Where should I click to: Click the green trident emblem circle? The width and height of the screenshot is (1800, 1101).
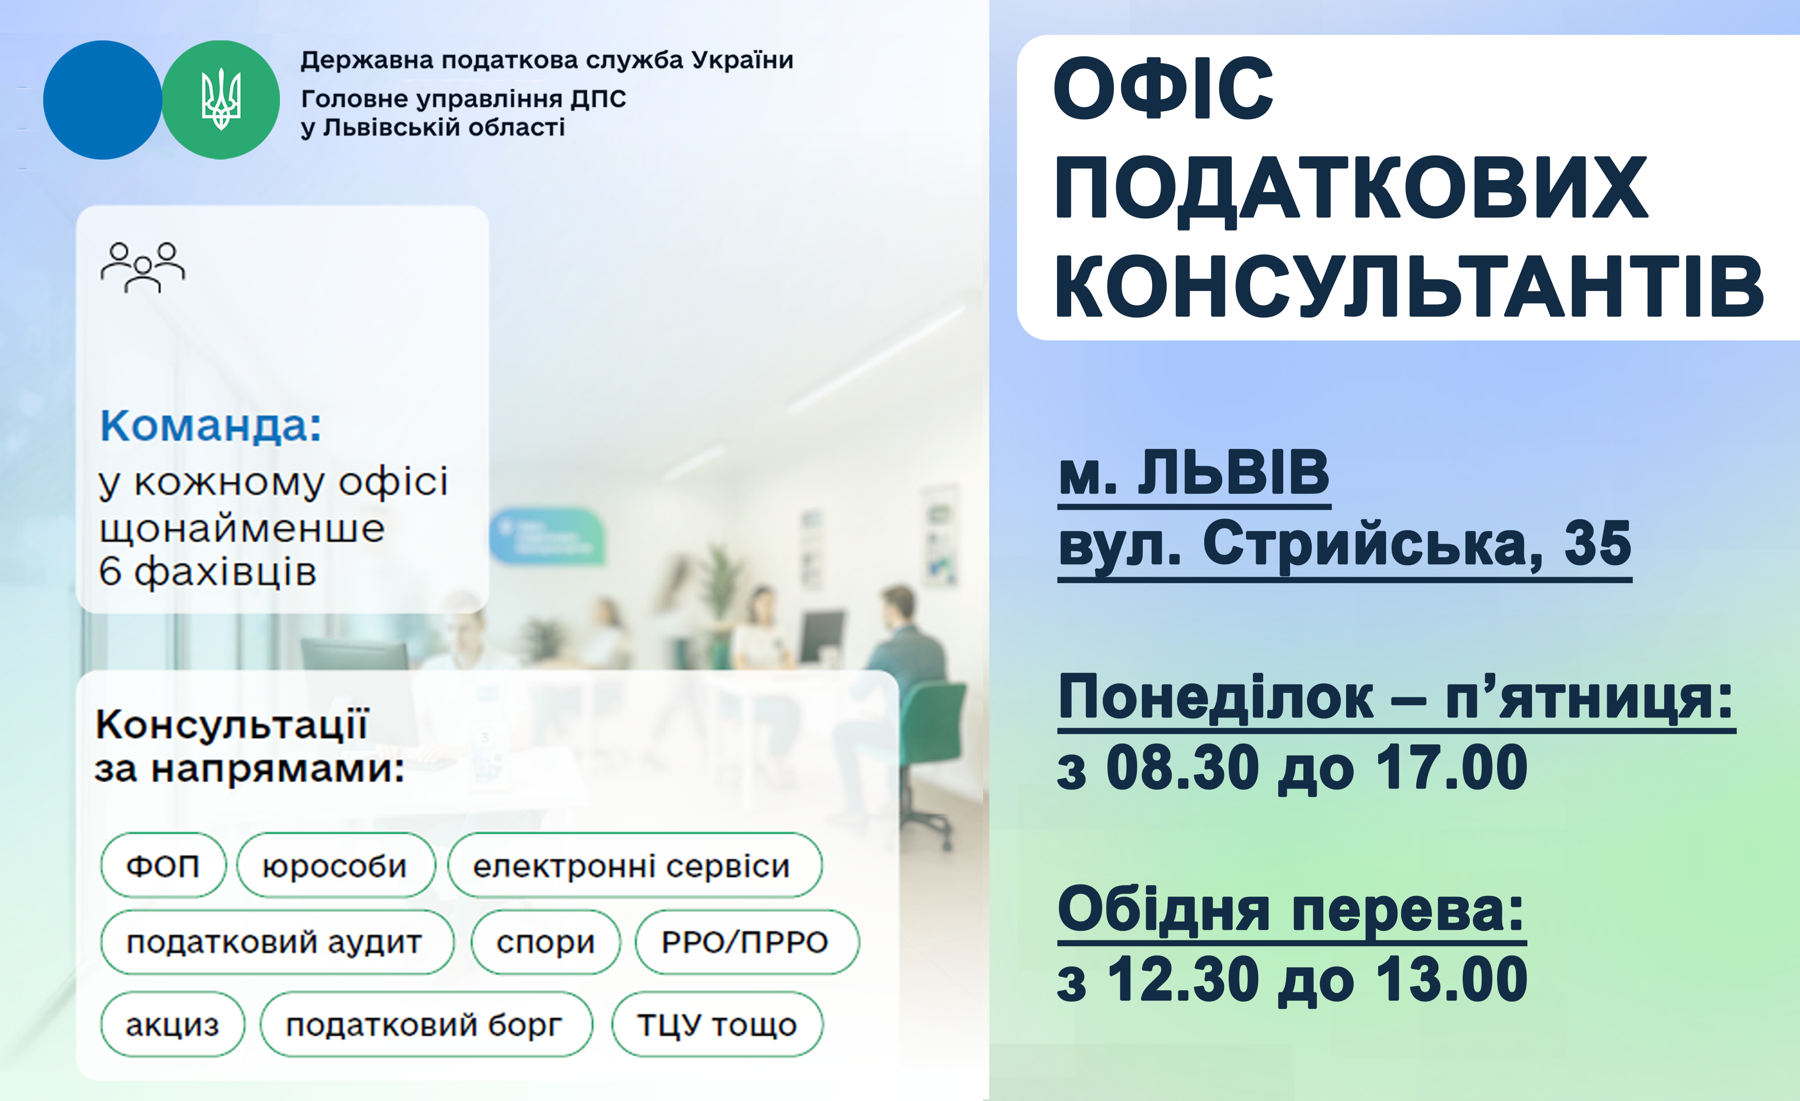[x=221, y=100]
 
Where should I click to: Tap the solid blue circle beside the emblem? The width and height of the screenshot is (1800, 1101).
[x=102, y=100]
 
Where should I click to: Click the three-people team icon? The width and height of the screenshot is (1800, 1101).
[x=143, y=267]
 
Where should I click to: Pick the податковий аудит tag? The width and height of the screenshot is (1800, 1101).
[x=276, y=942]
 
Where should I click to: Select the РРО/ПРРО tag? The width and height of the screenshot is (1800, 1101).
[x=747, y=942]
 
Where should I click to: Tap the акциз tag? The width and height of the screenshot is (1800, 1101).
[x=173, y=1024]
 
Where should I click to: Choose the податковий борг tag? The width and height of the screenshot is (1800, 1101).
[x=426, y=1024]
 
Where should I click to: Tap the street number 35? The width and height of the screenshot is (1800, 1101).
[x=1597, y=544]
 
